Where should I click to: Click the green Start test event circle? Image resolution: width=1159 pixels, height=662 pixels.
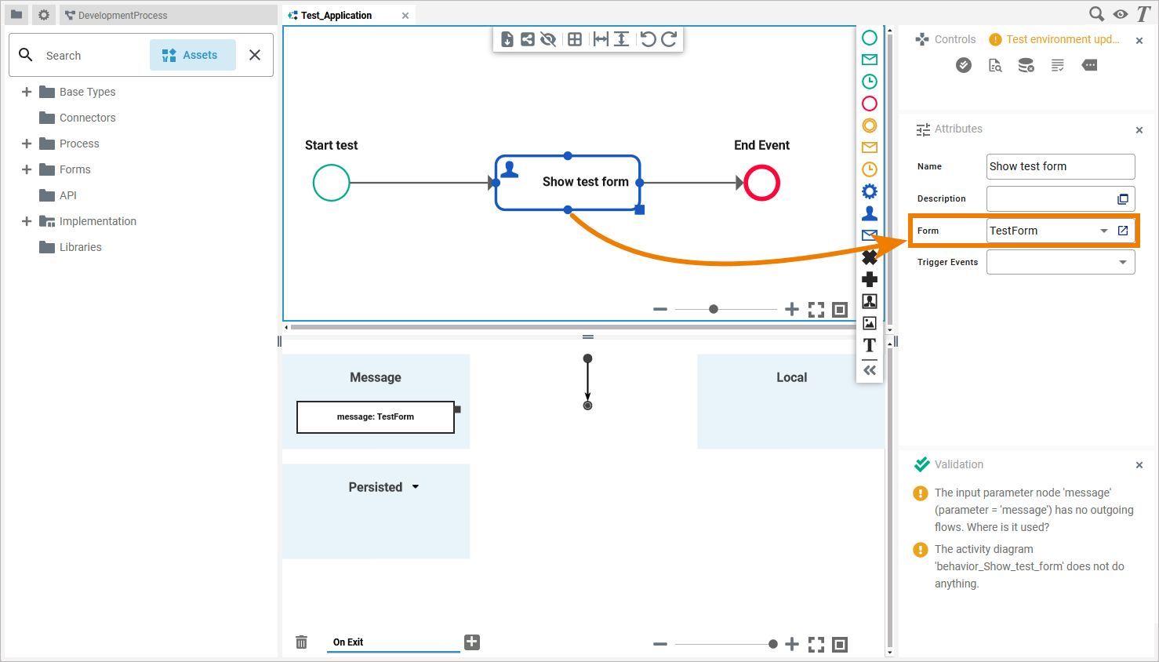331,183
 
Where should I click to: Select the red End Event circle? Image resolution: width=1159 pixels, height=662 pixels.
761,183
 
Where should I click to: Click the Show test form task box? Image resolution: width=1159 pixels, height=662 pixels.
568,183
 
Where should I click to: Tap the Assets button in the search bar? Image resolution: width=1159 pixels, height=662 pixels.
192,55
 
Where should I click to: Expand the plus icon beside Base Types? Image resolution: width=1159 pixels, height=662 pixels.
27,92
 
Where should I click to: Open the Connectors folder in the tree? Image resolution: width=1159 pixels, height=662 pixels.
87,118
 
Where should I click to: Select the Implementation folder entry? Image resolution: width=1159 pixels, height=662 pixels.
97,221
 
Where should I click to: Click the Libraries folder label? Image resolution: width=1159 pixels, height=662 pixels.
80,247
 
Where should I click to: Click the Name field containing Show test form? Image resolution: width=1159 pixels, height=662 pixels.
1059,166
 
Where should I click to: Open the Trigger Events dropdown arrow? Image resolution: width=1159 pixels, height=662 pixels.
1123,262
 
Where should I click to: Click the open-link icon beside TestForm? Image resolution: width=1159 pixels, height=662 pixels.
1123,231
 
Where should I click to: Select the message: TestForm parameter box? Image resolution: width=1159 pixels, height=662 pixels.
375,417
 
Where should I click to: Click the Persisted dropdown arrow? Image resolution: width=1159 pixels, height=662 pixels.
416,487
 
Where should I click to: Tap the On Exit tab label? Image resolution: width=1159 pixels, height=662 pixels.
348,642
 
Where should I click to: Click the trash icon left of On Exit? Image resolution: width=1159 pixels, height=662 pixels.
301,642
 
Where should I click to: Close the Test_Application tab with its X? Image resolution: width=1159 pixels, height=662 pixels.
405,16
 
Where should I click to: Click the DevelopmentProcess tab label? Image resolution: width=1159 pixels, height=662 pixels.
122,16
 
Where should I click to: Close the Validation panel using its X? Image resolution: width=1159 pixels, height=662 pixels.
1139,465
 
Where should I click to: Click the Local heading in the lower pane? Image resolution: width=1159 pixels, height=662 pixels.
791,377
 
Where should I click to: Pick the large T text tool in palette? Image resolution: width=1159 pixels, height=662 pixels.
870,345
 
